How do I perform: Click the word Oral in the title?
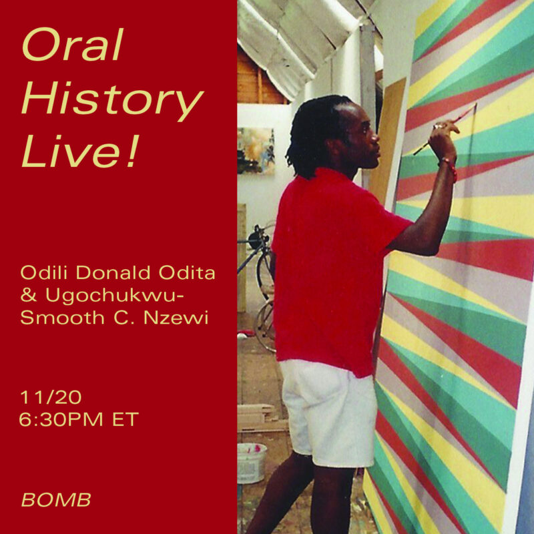72,45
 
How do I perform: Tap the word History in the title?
112,98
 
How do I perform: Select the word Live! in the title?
80,152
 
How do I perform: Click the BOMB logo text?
56,499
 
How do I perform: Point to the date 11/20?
51,397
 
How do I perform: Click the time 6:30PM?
61,419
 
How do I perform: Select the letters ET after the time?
125,419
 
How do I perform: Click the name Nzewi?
176,318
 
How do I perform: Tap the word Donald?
113,273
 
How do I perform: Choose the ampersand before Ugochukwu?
29,295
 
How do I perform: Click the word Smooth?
62,318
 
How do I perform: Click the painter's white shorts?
328,412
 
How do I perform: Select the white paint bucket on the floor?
252,463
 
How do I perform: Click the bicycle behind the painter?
260,286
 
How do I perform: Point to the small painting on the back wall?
256,152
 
